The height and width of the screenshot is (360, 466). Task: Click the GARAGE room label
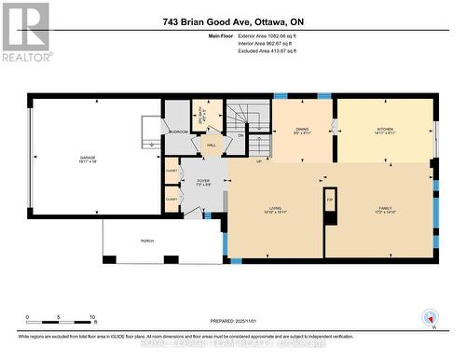tap(88, 158)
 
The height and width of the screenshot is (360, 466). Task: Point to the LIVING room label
tap(277, 210)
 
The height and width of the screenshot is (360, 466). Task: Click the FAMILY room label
tap(385, 210)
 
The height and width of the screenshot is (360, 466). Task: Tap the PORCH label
tap(147, 241)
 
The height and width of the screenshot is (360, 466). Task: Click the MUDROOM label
tap(178, 132)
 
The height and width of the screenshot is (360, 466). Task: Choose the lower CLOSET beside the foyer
tap(171, 199)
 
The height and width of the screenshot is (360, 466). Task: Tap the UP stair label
tap(259, 161)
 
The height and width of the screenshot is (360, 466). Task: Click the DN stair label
tap(240, 135)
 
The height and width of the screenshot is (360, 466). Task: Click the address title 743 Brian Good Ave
tap(232, 21)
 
